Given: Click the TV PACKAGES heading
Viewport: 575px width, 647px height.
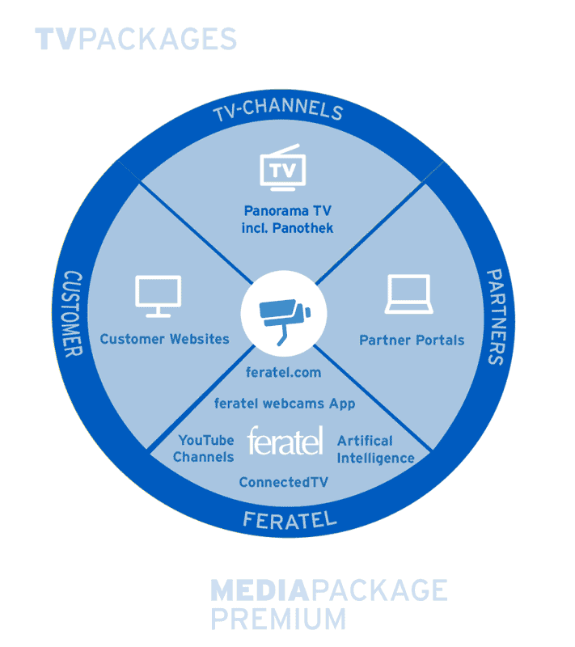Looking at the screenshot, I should tap(136, 39).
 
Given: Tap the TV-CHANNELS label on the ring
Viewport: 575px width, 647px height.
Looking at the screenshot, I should tap(277, 111).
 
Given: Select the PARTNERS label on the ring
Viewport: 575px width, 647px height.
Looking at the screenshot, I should tap(493, 316).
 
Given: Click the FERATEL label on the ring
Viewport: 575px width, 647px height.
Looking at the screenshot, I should tap(289, 518).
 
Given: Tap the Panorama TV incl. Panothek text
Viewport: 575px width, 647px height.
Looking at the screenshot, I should tap(287, 219).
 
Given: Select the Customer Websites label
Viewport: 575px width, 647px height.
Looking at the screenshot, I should tap(164, 339).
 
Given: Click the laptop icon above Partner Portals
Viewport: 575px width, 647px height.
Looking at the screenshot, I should tap(411, 295).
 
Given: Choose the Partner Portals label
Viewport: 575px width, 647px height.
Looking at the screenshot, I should tap(412, 340).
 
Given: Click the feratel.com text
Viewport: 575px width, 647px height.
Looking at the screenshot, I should tap(283, 373).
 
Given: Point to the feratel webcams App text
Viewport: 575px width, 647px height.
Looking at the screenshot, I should tap(284, 403).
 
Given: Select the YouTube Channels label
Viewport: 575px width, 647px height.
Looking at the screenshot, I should tap(205, 449).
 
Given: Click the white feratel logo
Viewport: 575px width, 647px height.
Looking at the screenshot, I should tap(285, 441).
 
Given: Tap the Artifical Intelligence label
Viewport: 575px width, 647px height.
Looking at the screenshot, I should tap(375, 450).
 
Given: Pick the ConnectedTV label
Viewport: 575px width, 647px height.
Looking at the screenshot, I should tap(283, 483).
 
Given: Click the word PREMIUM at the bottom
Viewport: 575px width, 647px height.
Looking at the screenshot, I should tap(277, 618).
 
